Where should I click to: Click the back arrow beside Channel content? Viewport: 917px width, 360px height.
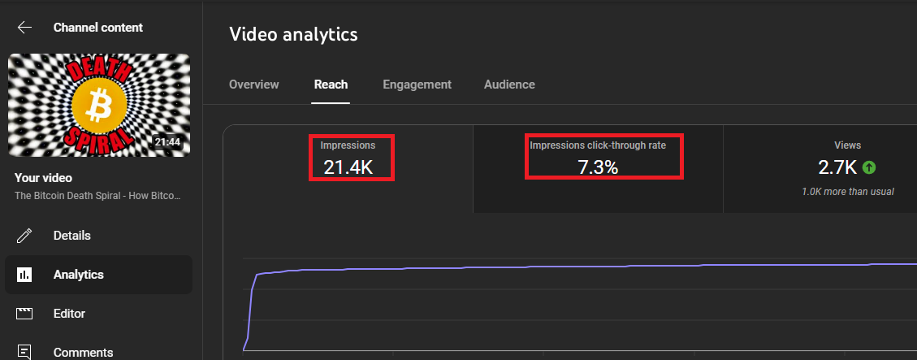24,28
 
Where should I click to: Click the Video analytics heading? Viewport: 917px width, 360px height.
293,34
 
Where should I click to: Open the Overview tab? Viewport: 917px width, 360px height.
253,85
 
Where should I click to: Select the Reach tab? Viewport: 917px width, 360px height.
331,85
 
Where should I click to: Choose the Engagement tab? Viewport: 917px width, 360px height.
417,85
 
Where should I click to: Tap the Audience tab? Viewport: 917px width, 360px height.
509,85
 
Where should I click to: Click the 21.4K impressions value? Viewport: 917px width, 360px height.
348,167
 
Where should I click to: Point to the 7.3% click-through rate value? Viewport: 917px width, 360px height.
598,167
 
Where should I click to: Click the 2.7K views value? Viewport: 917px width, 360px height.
837,167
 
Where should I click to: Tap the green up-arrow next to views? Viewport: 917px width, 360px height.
869,168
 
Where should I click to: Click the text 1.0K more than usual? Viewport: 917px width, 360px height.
847,192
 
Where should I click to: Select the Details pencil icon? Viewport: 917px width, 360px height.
24,236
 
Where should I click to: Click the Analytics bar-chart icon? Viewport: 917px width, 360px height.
24,275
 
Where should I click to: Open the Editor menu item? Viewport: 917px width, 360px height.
69,314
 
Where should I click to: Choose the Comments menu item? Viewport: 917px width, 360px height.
83,353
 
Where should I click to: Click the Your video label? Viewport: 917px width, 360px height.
43,178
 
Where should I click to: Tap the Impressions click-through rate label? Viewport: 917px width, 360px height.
598,145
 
